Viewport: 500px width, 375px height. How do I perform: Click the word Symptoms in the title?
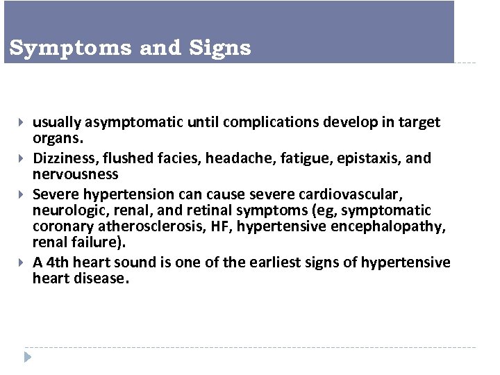point(72,49)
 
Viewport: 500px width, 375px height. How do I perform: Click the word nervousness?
point(76,174)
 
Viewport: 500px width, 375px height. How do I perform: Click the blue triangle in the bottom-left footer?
point(28,358)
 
